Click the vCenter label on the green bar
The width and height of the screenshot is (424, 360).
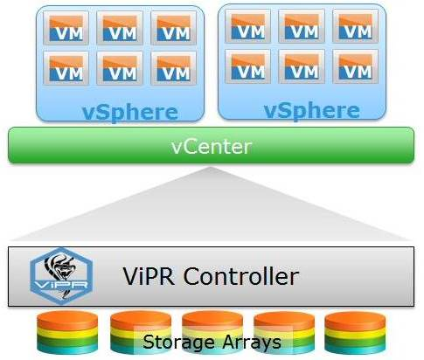point(212,147)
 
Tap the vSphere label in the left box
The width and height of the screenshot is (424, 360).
point(130,113)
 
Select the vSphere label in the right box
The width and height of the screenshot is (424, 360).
point(312,111)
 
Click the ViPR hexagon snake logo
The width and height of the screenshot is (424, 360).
point(61,276)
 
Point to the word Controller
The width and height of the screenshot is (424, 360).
point(241,276)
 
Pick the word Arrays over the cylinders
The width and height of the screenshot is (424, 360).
point(252,342)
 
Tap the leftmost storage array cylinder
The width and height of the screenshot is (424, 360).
point(67,332)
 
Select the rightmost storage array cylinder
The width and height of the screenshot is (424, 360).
point(355,332)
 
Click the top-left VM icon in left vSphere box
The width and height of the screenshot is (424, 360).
point(66,28)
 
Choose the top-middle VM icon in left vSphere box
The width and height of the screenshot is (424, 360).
point(120,28)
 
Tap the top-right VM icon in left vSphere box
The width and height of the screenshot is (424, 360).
point(174,28)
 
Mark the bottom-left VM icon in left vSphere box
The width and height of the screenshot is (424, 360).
point(66,68)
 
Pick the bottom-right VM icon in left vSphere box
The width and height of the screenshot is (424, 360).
point(174,68)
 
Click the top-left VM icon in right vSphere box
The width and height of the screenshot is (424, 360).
point(248,26)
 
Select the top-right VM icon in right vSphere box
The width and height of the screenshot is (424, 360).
point(356,26)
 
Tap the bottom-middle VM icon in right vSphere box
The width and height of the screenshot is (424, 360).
point(302,66)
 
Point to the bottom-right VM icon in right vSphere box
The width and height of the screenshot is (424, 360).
point(356,66)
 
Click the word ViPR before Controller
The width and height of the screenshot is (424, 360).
point(149,276)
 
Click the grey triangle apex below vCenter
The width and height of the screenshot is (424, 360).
point(210,167)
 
